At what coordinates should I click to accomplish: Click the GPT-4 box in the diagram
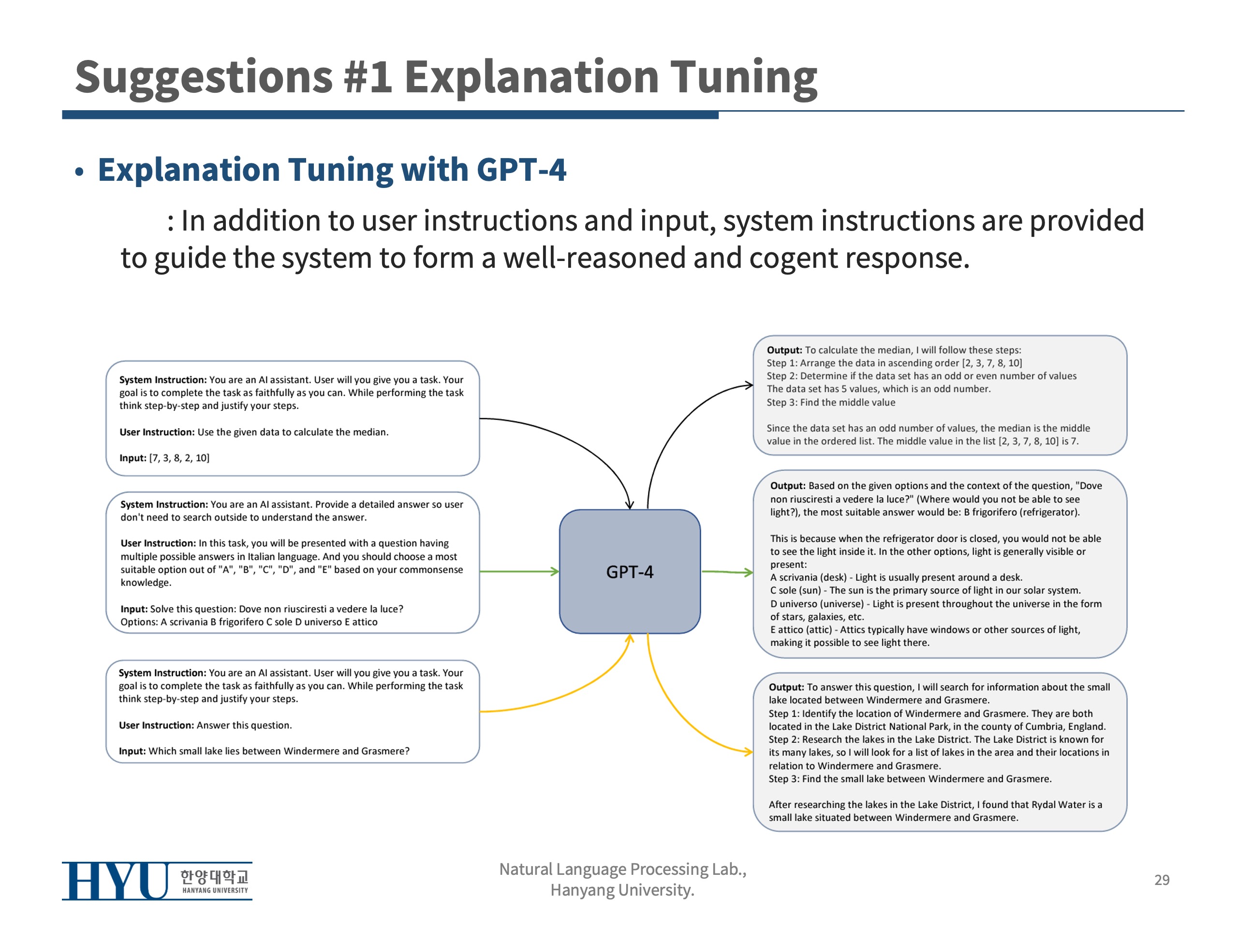tap(630, 571)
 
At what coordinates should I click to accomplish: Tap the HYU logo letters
tap(115, 881)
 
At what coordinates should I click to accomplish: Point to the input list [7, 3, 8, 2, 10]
tap(179, 458)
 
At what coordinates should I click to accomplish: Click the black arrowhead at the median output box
tap(749, 385)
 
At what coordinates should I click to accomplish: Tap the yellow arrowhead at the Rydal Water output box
tap(748, 751)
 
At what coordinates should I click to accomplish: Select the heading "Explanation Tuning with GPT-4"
tap(332, 170)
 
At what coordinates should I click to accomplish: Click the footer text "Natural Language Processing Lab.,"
tap(622, 869)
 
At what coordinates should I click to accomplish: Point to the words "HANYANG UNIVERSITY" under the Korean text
tap(215, 890)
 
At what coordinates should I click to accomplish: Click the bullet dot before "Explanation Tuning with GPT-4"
tap(79, 172)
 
